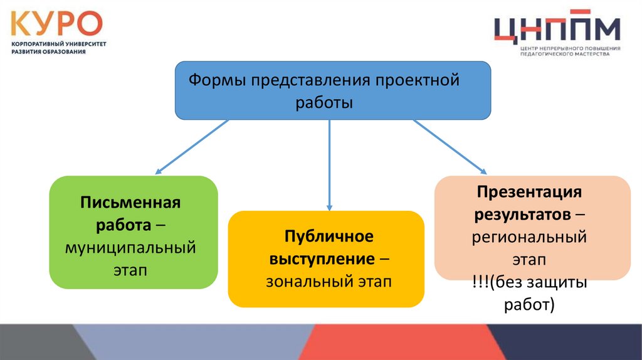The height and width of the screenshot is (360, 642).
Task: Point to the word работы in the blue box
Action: tap(325, 102)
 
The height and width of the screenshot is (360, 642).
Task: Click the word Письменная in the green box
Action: tap(130, 203)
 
